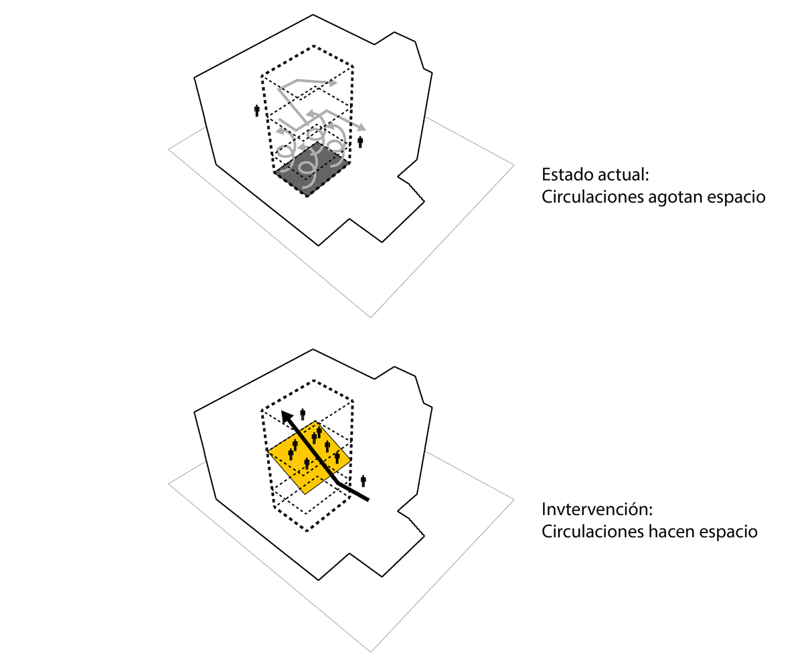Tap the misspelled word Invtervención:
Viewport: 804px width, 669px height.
point(597,509)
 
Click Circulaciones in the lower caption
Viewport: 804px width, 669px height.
point(592,532)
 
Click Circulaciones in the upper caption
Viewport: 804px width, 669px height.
point(592,197)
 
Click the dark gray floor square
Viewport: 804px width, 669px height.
point(312,170)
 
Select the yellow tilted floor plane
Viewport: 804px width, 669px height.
point(309,458)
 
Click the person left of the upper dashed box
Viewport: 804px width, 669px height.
point(257,111)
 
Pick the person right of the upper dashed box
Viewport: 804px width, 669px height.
point(360,142)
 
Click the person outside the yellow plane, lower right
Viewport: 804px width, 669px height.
point(363,481)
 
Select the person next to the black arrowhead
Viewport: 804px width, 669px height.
point(303,415)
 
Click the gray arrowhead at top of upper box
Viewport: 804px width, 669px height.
point(333,82)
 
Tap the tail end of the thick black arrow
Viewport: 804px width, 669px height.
point(368,500)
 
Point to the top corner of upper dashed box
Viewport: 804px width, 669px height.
point(314,45)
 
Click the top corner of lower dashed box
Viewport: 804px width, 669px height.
point(314,380)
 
